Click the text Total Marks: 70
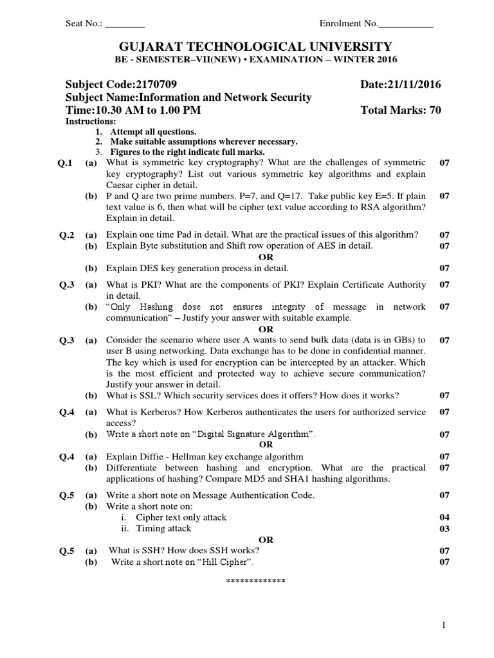[401, 110]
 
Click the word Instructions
[91, 121]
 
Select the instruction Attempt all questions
[149, 132]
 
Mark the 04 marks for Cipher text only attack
[444, 517]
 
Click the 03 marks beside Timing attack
[444, 528]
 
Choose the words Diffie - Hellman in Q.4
[170, 457]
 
